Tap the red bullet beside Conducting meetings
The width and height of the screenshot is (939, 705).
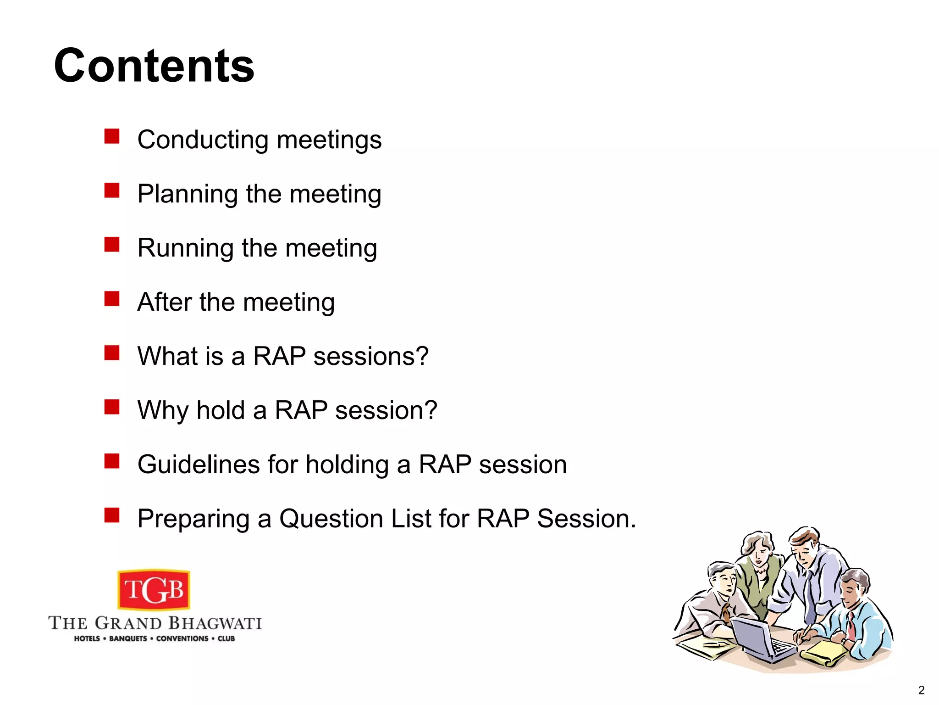[111, 136]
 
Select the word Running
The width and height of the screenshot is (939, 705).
[185, 249]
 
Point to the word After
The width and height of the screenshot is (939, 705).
[164, 302]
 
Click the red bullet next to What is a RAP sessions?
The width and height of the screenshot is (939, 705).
[111, 353]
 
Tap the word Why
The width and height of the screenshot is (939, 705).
[162, 410]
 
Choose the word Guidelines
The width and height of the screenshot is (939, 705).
[199, 464]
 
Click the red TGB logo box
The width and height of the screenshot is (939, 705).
[154, 590]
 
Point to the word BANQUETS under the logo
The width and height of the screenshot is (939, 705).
[128, 638]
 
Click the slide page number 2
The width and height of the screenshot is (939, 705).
[921, 690]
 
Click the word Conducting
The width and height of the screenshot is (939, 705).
[203, 140]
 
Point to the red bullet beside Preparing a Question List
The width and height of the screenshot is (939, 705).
[111, 515]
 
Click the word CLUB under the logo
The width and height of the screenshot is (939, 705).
[226, 638]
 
